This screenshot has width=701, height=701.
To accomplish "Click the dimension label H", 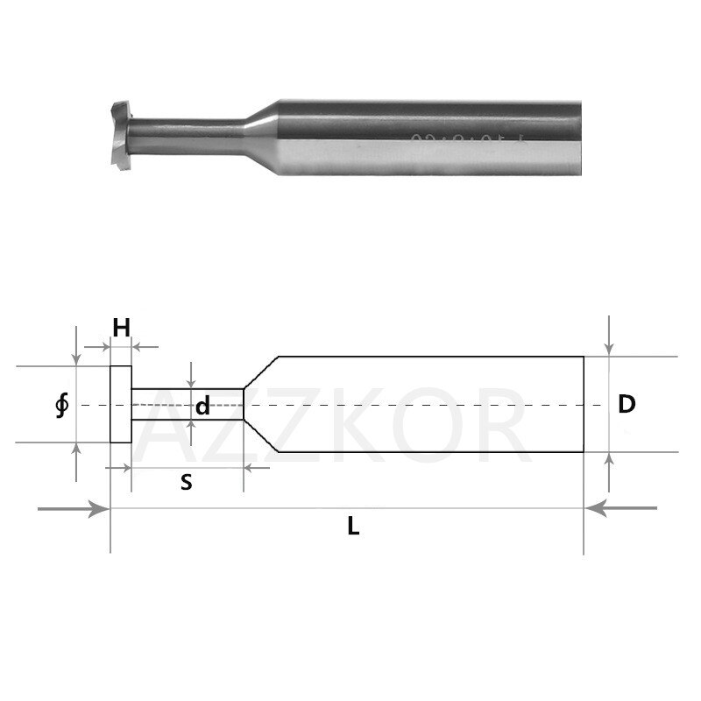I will (121, 328).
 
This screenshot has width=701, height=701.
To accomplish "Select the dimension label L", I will (352, 527).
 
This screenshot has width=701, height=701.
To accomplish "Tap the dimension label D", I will (626, 404).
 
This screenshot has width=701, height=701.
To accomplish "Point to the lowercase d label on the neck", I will (202, 407).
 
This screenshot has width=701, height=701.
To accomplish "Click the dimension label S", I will (186, 482).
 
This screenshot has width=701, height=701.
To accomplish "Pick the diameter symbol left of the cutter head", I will (60, 407).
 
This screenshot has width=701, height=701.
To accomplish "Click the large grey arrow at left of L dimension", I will (74, 508).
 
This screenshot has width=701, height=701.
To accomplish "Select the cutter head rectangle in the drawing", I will (120, 405).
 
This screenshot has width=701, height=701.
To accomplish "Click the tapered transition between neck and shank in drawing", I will (260, 405).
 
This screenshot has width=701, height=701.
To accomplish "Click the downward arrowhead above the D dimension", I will (610, 349).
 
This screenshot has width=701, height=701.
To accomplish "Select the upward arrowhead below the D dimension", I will (610, 460).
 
